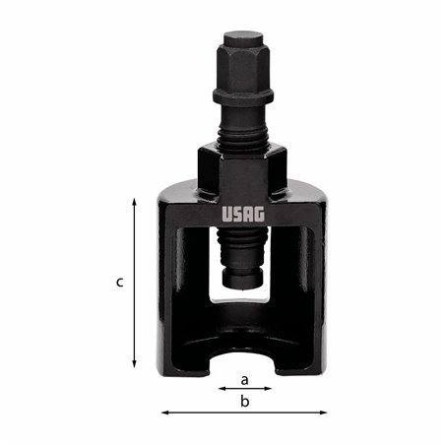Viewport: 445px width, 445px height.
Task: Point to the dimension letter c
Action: tap(119, 283)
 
